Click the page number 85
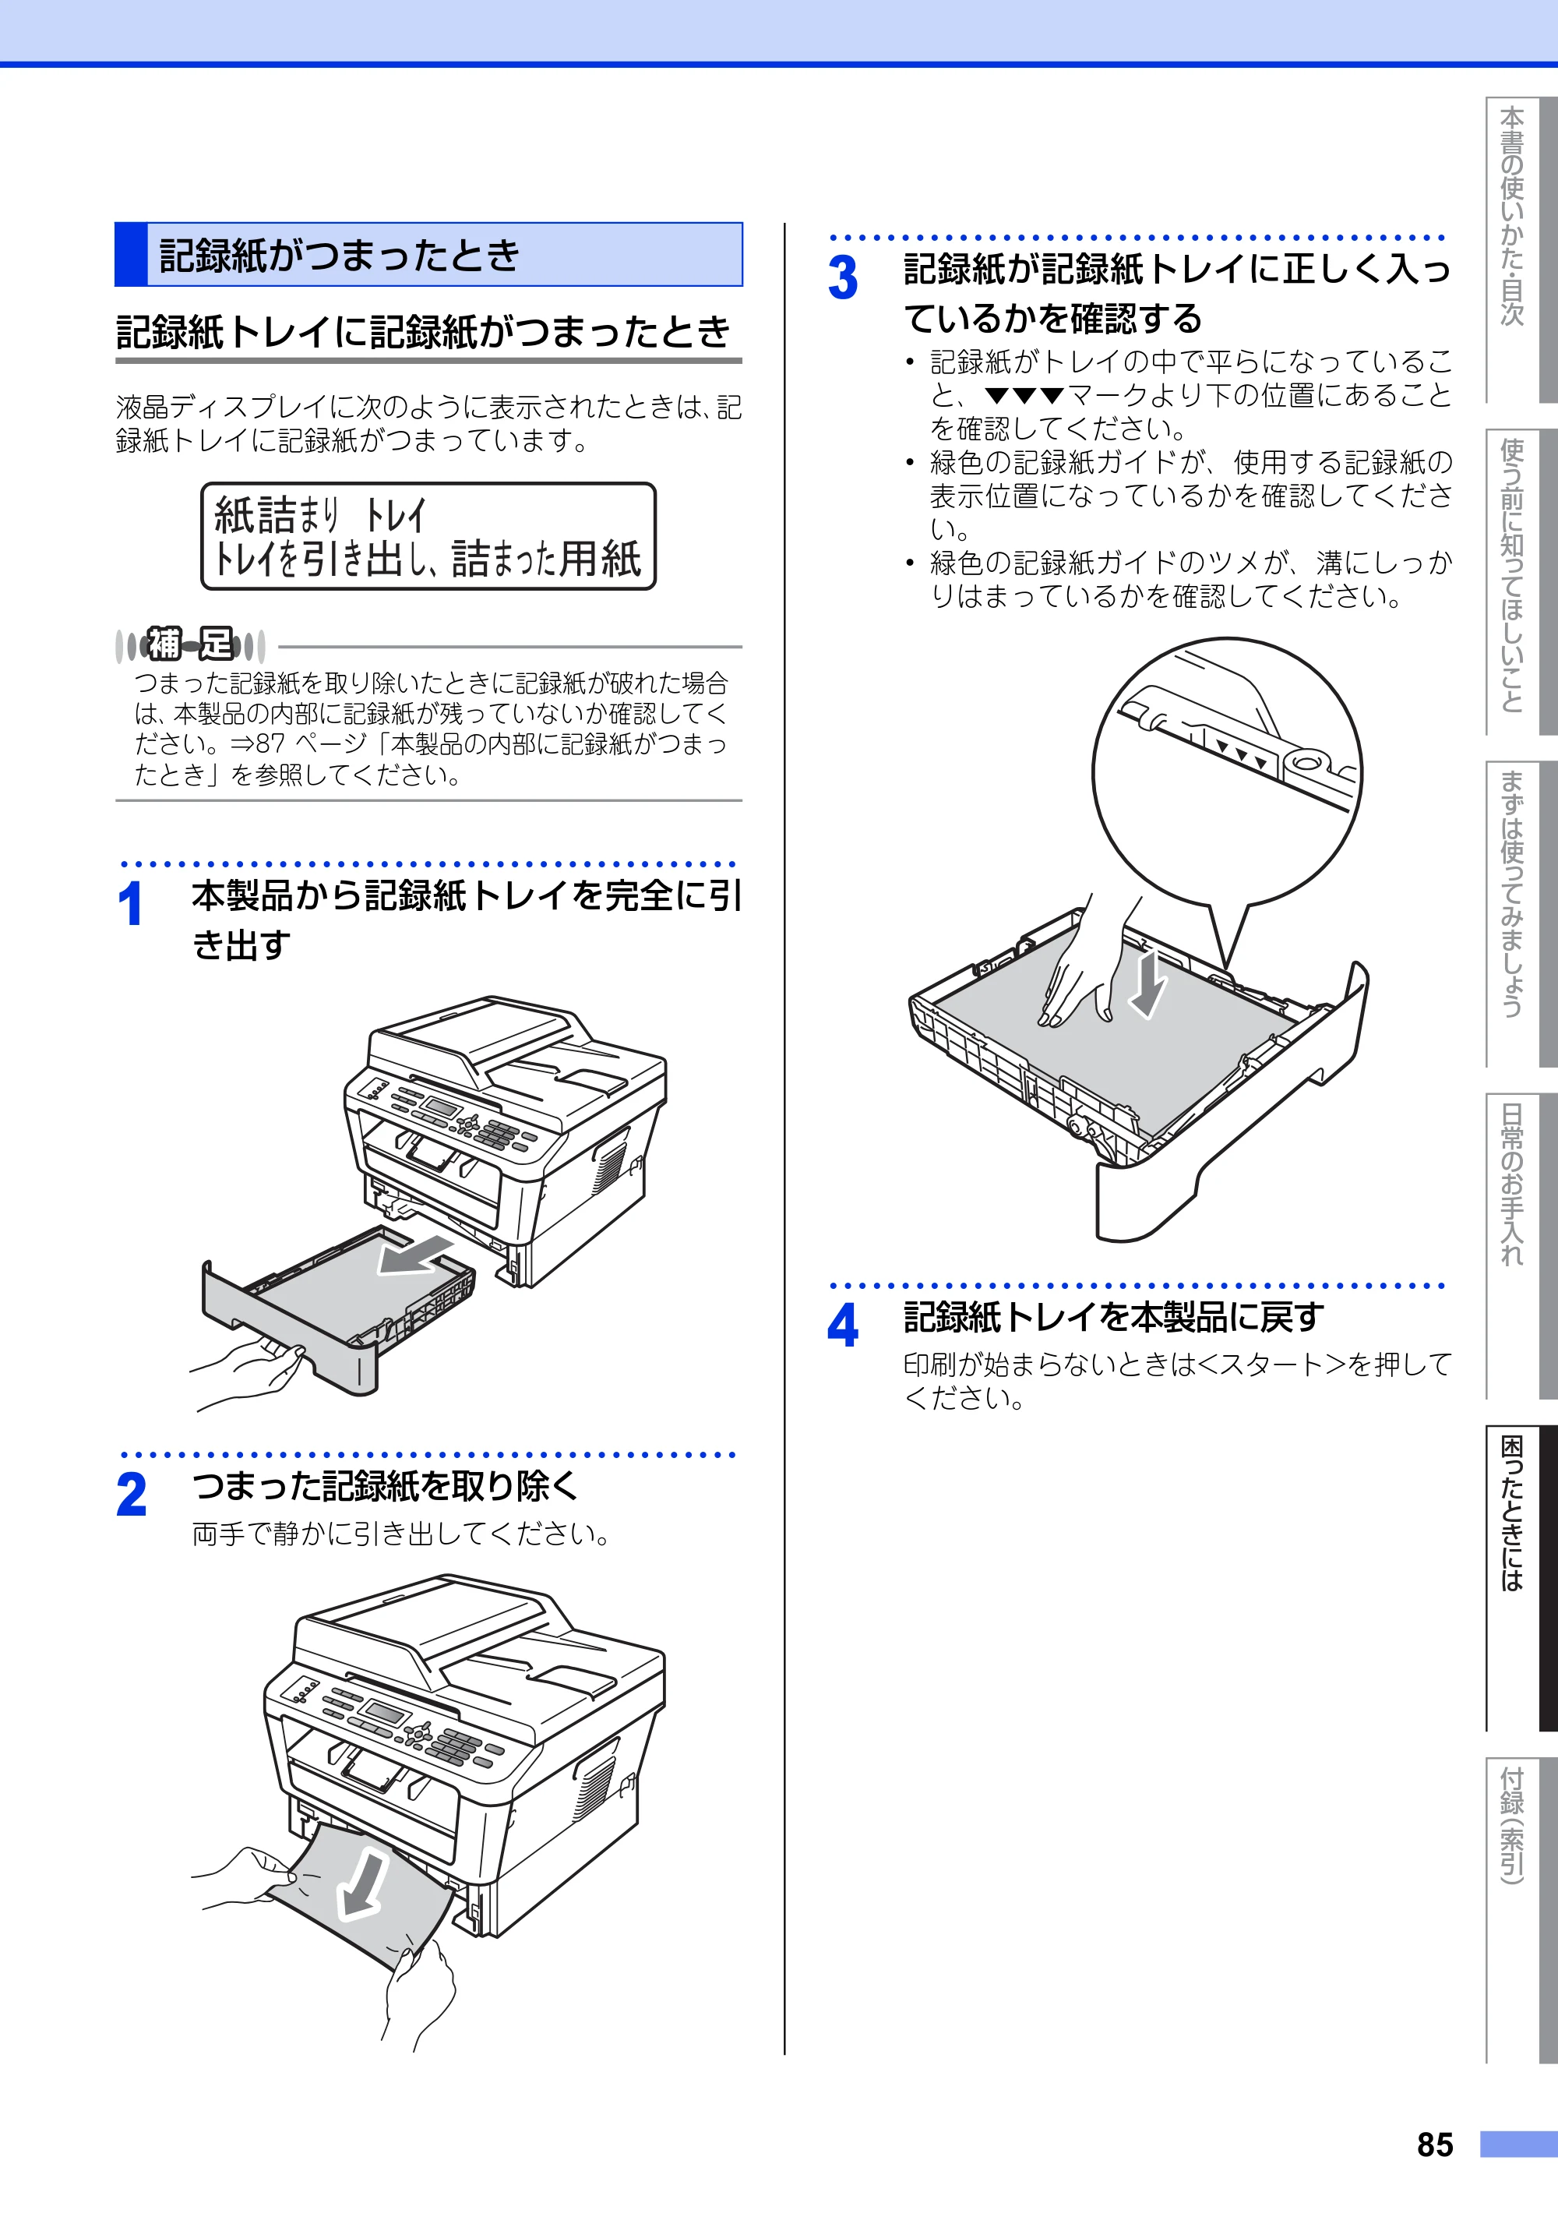tap(1434, 2145)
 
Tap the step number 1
tap(130, 905)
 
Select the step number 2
tap(132, 1495)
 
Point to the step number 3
tap(843, 278)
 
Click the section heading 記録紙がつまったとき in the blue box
tap(339, 255)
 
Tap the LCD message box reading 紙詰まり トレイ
tap(428, 536)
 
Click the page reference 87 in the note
tap(271, 743)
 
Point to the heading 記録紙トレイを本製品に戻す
tap(1114, 1316)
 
